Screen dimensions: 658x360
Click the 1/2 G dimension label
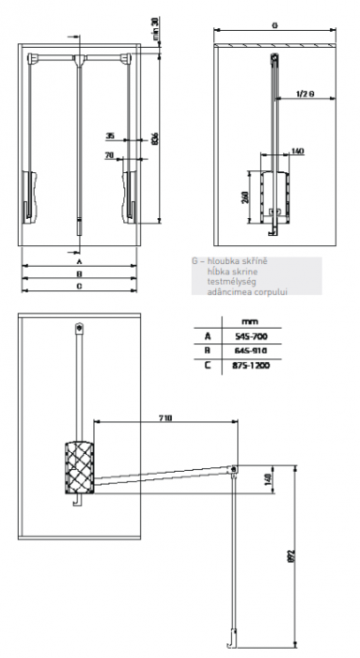tap(303, 94)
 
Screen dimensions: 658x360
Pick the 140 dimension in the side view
tap(298, 150)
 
